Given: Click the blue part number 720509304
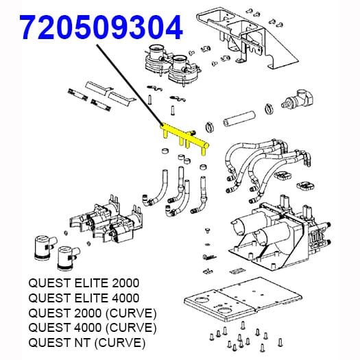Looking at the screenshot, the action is pos(101,27).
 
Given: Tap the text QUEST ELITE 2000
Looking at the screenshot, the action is pos(84,283).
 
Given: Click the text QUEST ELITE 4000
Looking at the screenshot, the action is pos(84,298).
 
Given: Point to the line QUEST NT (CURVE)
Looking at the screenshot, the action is pos(87,343).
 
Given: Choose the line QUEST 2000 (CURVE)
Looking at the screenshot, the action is pos(93,313).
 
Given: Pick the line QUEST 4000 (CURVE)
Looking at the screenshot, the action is pos(93,328).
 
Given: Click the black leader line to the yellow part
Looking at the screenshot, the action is pos(130,84).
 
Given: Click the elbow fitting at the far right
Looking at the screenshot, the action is pos(298,99).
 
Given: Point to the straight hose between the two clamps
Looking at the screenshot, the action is pos(239,119).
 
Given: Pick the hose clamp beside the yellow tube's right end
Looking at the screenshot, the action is pos(209,127).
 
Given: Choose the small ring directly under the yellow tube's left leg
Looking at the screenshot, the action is pos(165,152).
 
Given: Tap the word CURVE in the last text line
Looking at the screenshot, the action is pos(119,343).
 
